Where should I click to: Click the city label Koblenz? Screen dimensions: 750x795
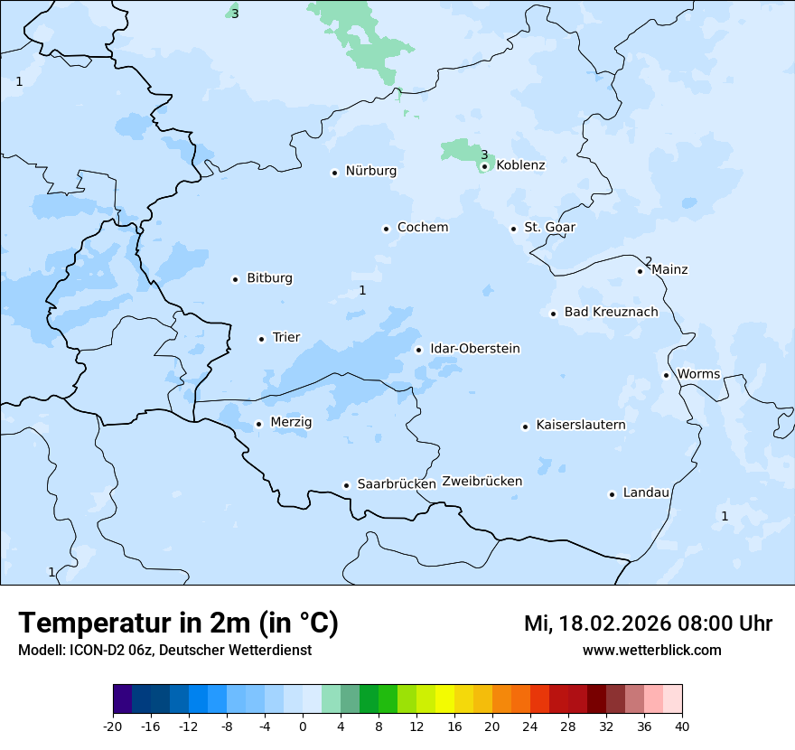tap(520, 165)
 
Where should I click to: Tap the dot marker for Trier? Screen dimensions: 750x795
tap(262, 339)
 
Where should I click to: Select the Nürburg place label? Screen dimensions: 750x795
tap(370, 171)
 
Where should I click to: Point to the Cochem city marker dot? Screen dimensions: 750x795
tap(386, 229)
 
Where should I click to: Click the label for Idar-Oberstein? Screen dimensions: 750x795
tap(474, 349)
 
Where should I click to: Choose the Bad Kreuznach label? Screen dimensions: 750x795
tap(611, 312)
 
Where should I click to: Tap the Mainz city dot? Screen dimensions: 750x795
tap(641, 271)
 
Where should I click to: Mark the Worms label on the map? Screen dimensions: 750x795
tap(698, 374)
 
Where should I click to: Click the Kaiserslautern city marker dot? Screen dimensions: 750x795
tap(525, 427)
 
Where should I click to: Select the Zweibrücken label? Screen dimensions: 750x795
tap(482, 482)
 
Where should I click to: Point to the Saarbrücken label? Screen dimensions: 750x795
tap(397, 484)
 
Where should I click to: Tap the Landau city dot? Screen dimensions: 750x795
tap(612, 494)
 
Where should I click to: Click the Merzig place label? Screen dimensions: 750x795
tap(291, 422)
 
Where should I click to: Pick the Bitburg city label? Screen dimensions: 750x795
tap(269, 278)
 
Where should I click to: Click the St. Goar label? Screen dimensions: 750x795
tap(549, 227)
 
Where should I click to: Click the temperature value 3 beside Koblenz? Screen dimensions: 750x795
tap(484, 155)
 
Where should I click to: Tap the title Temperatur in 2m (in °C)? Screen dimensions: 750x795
tap(178, 623)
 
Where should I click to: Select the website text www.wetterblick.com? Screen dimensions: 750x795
tap(651, 651)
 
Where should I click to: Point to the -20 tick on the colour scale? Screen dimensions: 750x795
tap(113, 726)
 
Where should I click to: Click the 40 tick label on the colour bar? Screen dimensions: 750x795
tap(682, 726)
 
